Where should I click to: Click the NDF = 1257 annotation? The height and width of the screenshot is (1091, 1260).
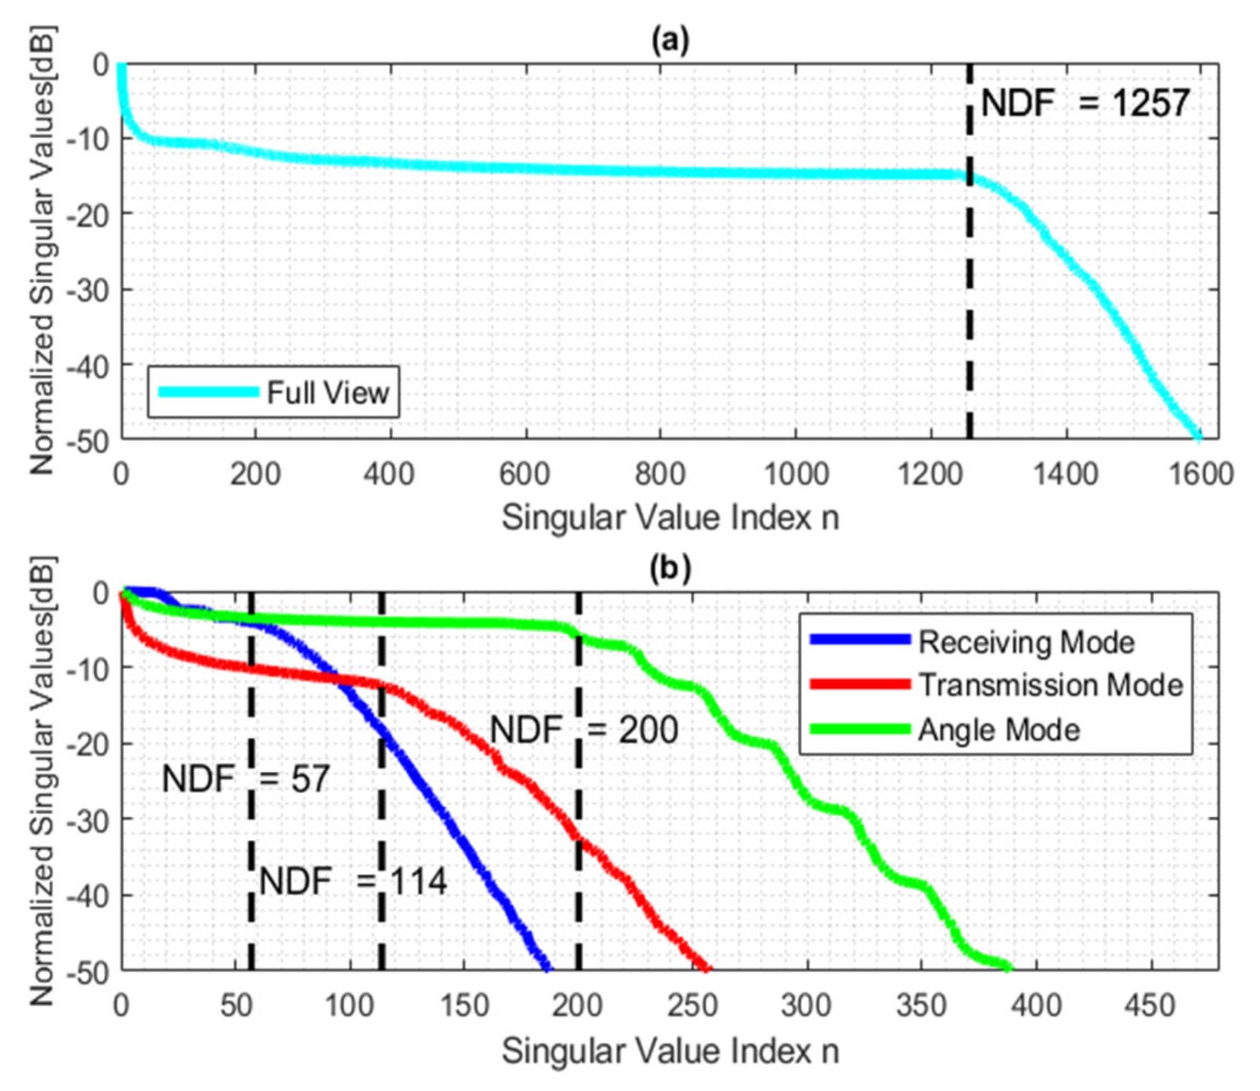click(x=1085, y=104)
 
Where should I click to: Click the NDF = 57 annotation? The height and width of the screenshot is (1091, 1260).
click(x=245, y=779)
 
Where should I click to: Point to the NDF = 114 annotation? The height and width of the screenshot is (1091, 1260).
click(x=353, y=881)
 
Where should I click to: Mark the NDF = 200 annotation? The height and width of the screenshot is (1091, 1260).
click(x=584, y=730)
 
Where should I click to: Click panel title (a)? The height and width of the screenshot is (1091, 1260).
click(x=669, y=41)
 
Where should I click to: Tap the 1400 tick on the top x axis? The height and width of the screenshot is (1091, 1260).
click(x=1066, y=474)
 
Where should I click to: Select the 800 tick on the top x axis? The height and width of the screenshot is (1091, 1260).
click(x=661, y=474)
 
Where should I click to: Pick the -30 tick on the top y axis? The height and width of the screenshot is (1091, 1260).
click(x=92, y=289)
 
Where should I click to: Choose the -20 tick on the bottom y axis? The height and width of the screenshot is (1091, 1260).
click(x=92, y=744)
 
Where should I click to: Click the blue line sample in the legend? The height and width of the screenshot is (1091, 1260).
click(x=860, y=639)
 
